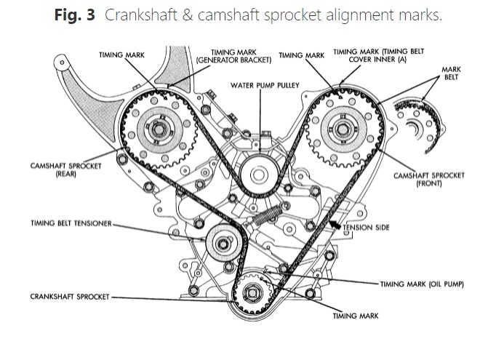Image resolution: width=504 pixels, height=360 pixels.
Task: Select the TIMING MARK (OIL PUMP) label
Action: coord(423,283)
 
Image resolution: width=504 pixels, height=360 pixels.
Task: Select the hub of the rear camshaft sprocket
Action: coord(158,130)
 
